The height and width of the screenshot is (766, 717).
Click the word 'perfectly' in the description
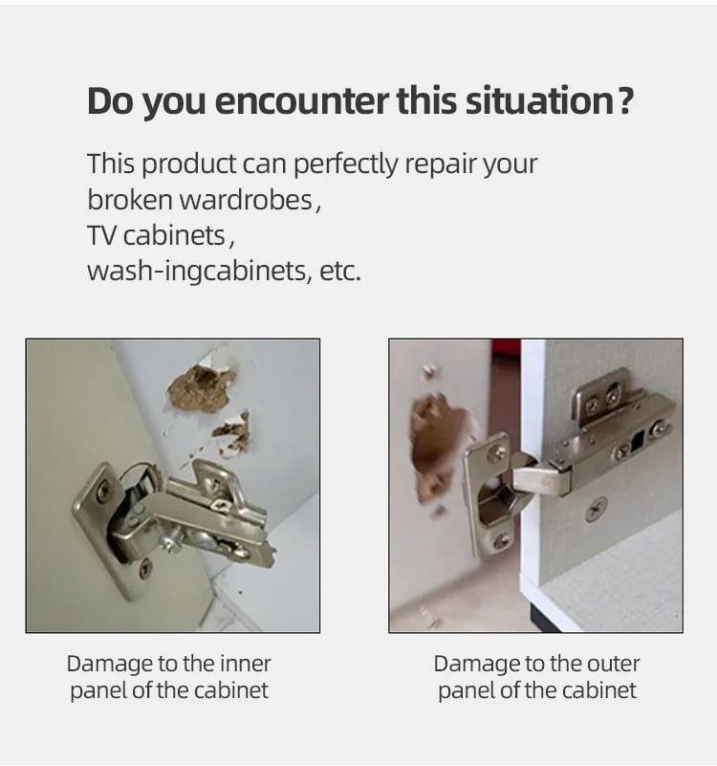click(x=346, y=165)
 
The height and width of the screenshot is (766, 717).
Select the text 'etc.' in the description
click(x=340, y=272)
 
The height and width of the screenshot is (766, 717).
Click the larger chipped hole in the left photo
click(x=201, y=386)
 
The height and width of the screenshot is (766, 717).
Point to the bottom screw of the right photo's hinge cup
click(x=501, y=541)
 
